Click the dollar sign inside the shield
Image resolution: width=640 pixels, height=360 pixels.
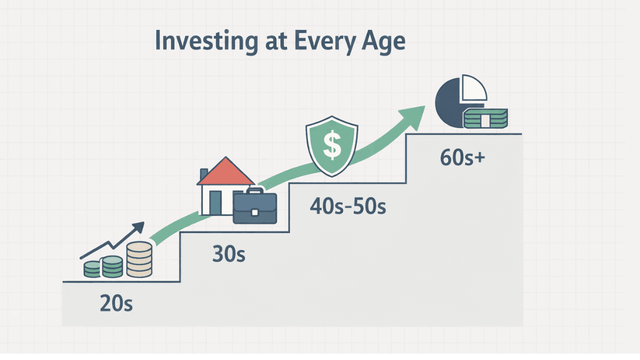pyautogui.click(x=332, y=146)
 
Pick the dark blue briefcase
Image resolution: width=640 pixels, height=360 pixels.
pyautogui.click(x=254, y=207)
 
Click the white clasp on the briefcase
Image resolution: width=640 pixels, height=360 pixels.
pyautogui.click(x=254, y=212)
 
